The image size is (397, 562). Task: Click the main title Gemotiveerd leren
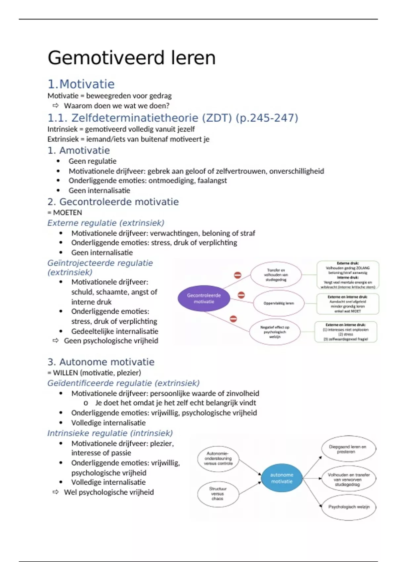131,58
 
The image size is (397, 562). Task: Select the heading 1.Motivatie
81,84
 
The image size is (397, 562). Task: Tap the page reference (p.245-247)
267,118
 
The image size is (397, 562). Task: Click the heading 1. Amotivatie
79,150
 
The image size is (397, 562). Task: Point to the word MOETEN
67,213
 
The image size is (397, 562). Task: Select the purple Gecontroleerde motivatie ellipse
204,298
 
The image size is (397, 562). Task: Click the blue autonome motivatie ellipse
282,478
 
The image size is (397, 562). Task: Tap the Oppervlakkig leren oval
279,303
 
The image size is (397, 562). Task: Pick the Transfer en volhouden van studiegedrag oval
276,275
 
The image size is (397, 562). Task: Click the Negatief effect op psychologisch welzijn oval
275,332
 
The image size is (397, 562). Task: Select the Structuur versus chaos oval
218,494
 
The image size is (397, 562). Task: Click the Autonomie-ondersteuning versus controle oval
218,459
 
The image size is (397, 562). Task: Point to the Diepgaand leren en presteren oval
348,449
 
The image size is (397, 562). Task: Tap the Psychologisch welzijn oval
349,507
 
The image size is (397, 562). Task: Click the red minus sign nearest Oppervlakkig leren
241,295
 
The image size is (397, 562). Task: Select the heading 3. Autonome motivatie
101,362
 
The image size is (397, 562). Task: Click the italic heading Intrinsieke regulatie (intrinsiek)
110,433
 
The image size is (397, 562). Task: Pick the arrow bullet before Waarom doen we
56,106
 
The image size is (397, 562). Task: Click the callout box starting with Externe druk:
348,275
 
